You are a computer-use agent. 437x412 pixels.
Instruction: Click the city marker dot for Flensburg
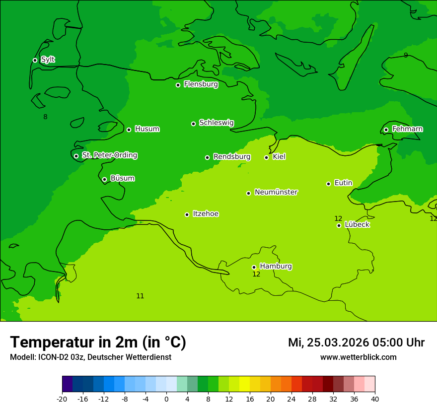tap(178, 85)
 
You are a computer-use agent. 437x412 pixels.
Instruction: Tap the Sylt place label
tap(48, 60)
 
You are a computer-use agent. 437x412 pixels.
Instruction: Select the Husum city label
tap(147, 129)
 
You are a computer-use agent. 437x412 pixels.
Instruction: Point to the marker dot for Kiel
tap(266, 157)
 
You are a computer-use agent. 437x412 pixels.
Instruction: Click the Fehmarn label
tap(407, 129)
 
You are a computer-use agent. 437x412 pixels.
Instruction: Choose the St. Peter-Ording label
tap(109, 155)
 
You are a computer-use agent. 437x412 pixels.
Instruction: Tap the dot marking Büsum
tap(104, 179)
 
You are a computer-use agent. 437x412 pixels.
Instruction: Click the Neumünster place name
tap(276, 192)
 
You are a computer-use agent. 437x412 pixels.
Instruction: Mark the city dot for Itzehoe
tap(187, 214)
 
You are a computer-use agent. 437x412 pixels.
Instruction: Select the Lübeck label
tap(357, 224)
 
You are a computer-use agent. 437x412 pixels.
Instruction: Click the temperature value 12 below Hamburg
tap(256, 274)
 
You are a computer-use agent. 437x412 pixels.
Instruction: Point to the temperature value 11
tap(140, 296)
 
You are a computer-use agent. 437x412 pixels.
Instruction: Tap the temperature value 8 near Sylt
tap(45, 117)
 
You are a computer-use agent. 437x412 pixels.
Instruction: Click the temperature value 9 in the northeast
tap(406, 55)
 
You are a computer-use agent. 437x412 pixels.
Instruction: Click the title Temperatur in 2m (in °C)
tap(98, 342)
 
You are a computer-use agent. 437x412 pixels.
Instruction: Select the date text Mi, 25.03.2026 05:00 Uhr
tap(356, 343)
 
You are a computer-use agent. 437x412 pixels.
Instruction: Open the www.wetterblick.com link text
tap(358, 357)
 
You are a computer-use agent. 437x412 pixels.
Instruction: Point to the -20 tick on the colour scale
tap(62, 399)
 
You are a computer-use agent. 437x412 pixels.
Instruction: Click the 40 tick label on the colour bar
tap(375, 399)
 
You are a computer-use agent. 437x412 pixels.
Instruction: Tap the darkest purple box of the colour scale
tap(67, 384)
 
